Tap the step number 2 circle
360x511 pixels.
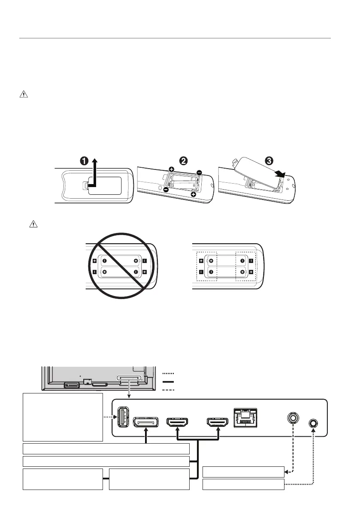(183, 161)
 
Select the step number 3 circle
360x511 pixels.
(268, 161)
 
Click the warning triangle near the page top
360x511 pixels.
(23, 95)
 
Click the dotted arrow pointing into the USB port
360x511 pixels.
(110, 417)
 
